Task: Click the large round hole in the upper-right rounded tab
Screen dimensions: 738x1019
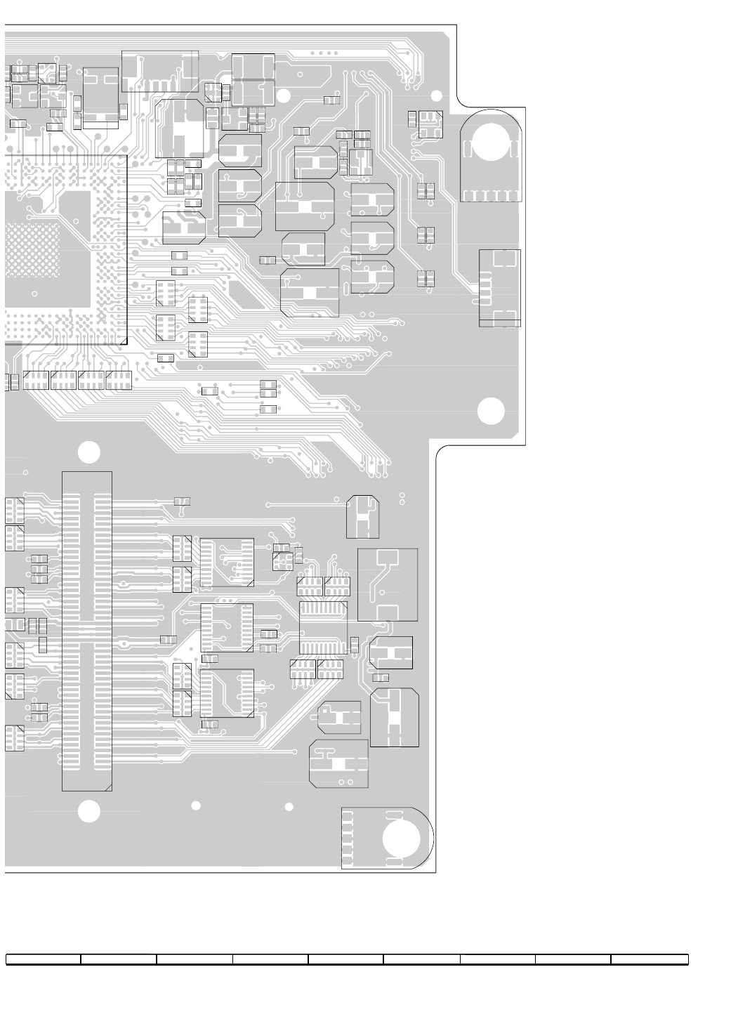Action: pos(491,144)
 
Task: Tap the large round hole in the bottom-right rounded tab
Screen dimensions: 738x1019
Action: pos(402,839)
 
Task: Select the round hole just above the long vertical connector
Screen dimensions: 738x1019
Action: pos(88,452)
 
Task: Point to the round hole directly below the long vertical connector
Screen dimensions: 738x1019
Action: pos(88,811)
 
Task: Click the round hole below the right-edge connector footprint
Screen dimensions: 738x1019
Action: pos(491,411)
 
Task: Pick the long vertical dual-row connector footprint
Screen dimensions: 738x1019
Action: pos(86,631)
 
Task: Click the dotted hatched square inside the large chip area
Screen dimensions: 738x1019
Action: pos(32,250)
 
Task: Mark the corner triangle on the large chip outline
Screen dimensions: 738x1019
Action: pos(123,341)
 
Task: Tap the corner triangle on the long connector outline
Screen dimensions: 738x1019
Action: pos(107,787)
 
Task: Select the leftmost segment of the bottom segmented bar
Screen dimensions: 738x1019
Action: pos(44,959)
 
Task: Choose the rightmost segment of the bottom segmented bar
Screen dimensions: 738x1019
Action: pos(649,959)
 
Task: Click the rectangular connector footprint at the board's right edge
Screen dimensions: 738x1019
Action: pos(499,288)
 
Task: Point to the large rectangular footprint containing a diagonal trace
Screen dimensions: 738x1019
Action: pos(388,584)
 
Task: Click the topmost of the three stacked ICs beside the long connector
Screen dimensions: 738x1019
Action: pos(227,563)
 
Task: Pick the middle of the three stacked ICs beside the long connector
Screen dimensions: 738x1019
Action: pos(227,627)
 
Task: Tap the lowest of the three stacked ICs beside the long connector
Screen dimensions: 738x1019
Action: pos(227,693)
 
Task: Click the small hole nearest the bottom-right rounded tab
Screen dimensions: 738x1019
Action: pos(289,807)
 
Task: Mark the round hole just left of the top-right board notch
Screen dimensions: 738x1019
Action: pos(436,96)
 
